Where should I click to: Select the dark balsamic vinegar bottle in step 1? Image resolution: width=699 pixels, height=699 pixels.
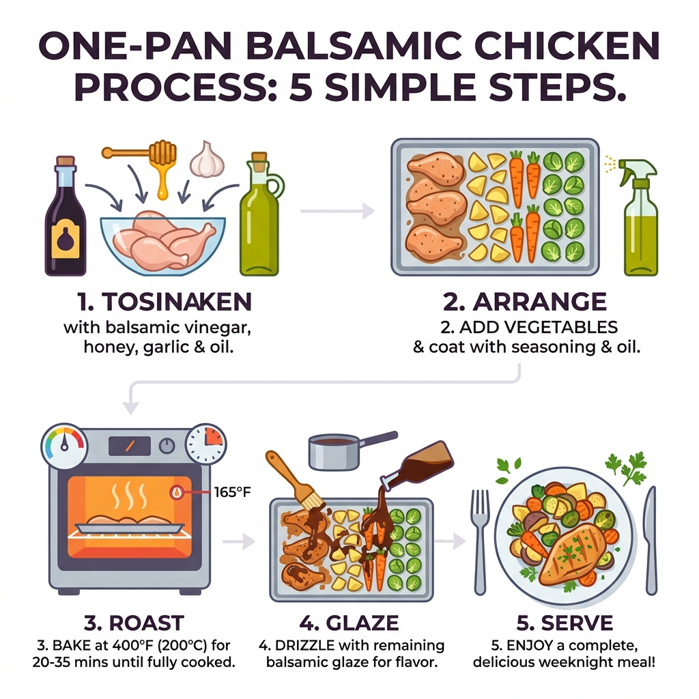(66, 218)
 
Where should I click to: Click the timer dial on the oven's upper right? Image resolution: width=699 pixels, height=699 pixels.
(205, 444)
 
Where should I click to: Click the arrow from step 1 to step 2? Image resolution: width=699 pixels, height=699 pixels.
(338, 212)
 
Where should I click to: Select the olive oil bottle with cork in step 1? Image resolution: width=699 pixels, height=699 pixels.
(261, 218)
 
